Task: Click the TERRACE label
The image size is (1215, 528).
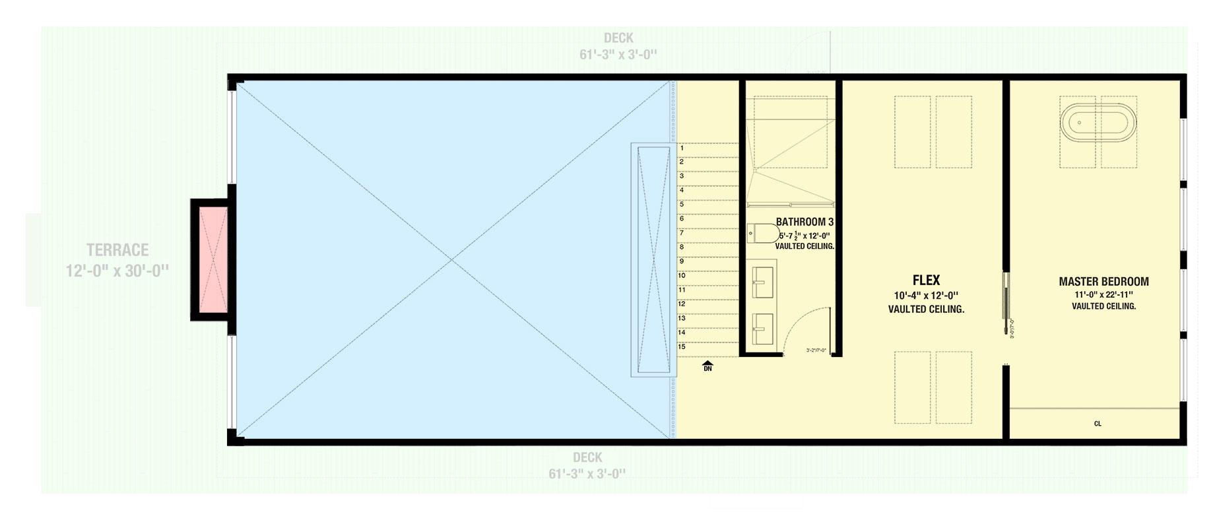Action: (x=117, y=250)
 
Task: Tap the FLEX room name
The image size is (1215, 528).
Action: (x=926, y=280)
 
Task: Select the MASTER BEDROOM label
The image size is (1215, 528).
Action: (x=1103, y=281)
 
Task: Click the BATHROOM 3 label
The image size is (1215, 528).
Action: (x=805, y=222)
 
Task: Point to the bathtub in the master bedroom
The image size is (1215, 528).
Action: (x=1098, y=123)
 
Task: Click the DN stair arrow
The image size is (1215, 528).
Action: (x=707, y=366)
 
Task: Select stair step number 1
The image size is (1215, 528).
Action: (x=682, y=148)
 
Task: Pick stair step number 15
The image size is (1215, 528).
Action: (x=682, y=346)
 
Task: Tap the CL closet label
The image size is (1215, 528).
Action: (x=1098, y=424)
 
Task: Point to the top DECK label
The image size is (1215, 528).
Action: (x=618, y=38)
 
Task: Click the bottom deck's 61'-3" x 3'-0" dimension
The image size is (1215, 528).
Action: (x=587, y=473)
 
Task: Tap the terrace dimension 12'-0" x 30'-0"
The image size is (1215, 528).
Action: (x=117, y=271)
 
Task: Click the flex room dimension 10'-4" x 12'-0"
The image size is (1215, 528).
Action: (x=926, y=296)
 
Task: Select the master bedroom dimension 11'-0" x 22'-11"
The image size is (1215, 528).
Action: (x=1103, y=294)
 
